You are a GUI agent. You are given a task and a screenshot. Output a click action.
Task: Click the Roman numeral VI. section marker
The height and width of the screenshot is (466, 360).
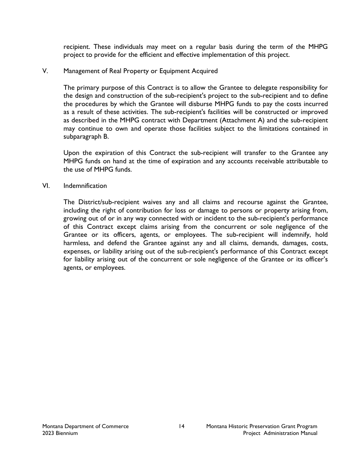click(x=46, y=186)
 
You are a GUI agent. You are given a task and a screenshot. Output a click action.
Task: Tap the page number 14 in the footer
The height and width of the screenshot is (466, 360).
click(x=182, y=426)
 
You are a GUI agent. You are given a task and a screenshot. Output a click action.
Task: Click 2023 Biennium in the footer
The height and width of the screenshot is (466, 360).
click(x=60, y=433)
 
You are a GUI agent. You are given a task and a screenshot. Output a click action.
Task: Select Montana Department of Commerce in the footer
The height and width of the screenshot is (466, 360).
click(x=85, y=426)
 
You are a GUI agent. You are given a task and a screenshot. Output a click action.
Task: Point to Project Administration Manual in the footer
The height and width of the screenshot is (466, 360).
click(x=280, y=433)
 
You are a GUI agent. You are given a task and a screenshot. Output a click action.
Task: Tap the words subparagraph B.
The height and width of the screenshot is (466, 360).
click(x=86, y=137)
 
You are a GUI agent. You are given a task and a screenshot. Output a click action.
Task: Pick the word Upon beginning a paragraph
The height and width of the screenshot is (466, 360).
click(x=71, y=153)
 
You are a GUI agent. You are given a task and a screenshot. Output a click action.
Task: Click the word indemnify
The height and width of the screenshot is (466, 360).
click(x=297, y=235)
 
